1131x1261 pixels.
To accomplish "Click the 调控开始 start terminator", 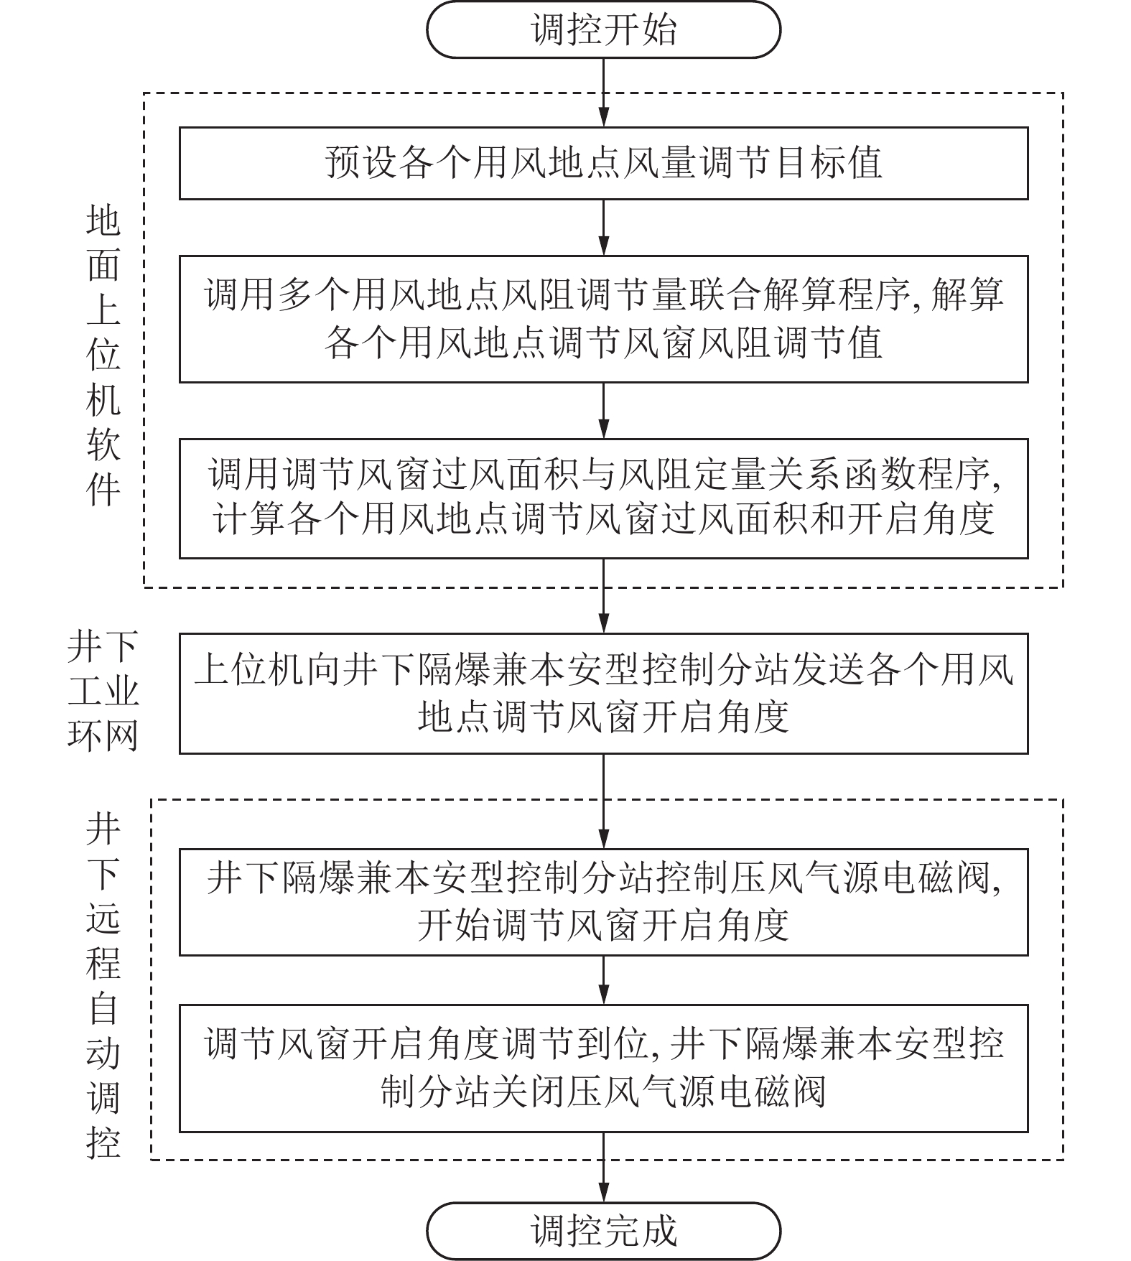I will click(603, 30).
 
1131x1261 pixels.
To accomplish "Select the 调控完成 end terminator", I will click(603, 1230).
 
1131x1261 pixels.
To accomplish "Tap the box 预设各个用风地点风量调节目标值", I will click(603, 163).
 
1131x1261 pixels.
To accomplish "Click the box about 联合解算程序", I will click(603, 318).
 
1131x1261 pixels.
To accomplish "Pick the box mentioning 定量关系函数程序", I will click(603, 498).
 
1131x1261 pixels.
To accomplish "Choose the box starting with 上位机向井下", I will click(603, 693).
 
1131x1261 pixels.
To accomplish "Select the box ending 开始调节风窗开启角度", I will click(603, 901).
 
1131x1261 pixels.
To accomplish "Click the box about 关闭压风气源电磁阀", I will click(603, 1068).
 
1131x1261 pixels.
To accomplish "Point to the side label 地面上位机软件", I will click(103, 355).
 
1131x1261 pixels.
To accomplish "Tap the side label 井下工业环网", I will click(103, 692).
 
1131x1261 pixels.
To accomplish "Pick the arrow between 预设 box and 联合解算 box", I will click(603, 227).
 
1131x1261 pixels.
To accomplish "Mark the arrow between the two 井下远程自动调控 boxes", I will click(603, 980).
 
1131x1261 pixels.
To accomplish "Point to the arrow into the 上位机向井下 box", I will click(603, 596).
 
